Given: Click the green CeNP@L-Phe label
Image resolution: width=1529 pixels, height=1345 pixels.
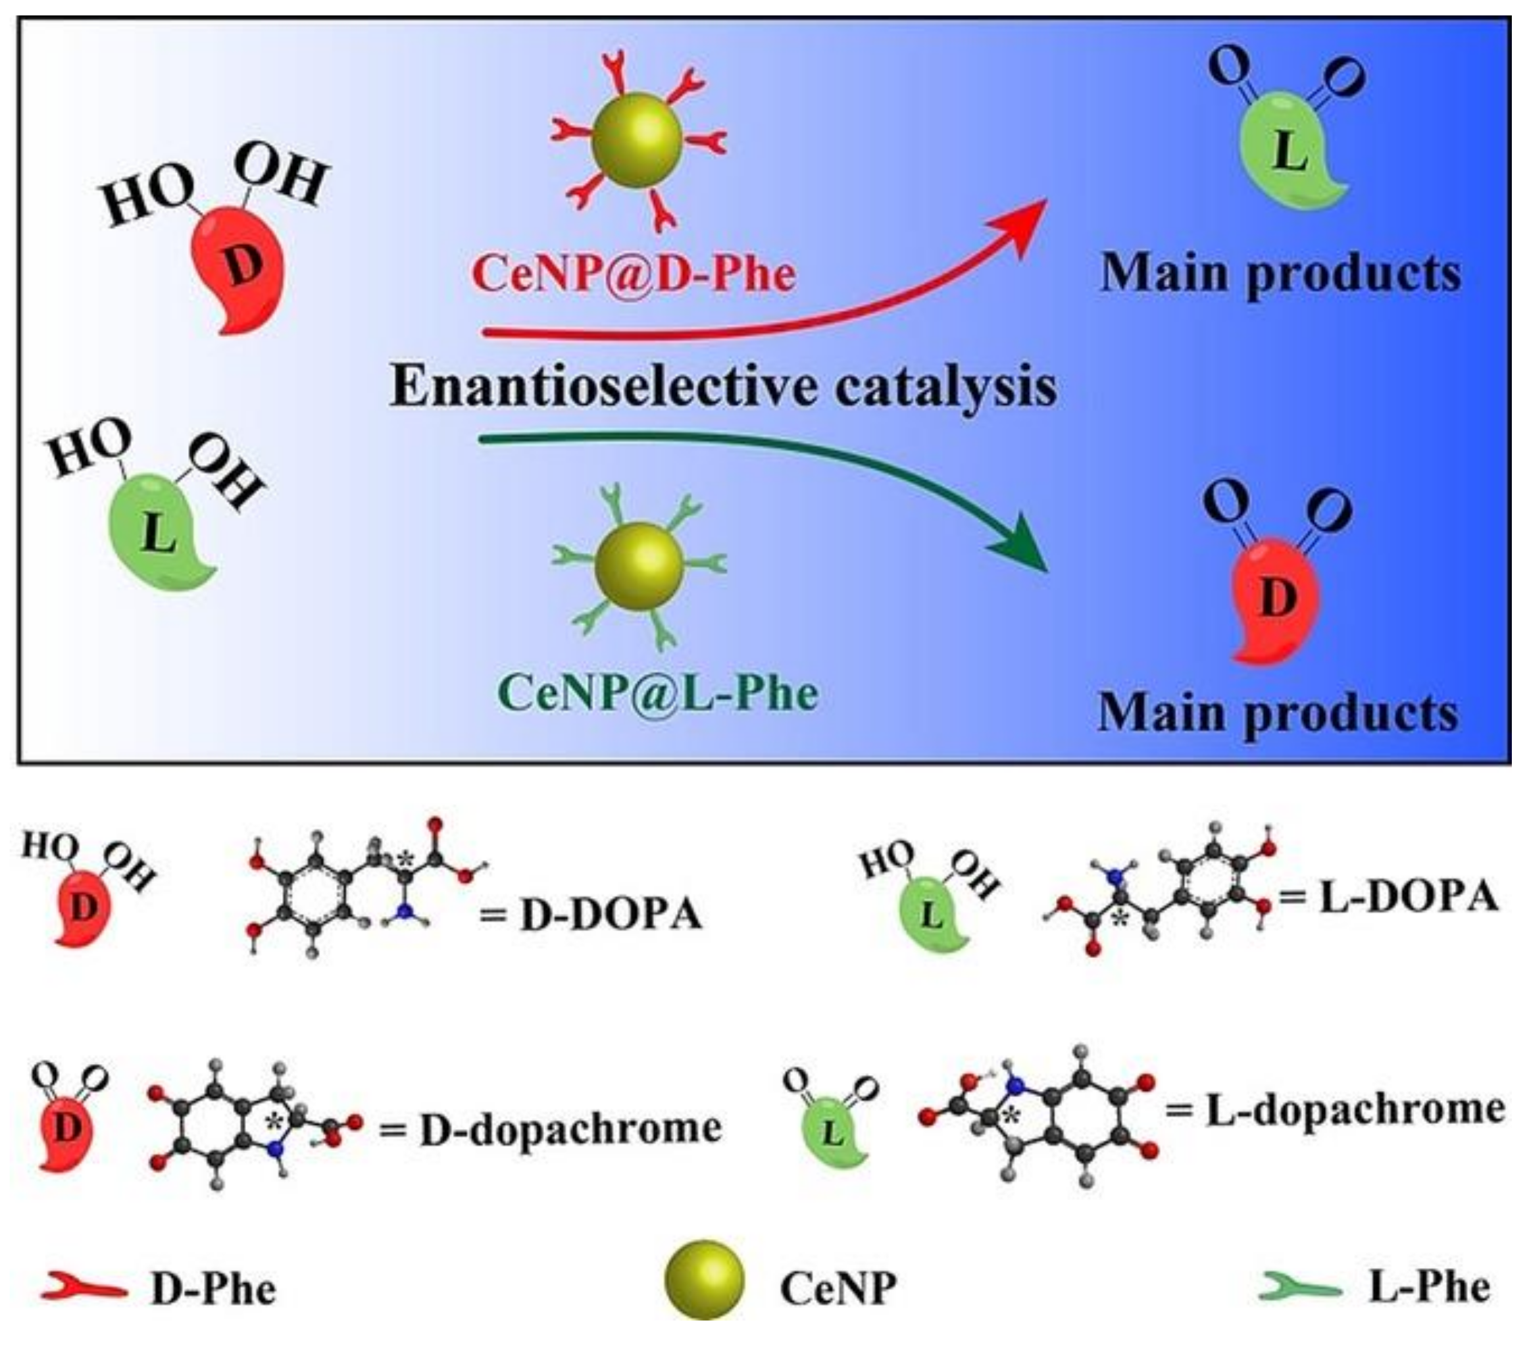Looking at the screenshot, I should pyautogui.click(x=659, y=692).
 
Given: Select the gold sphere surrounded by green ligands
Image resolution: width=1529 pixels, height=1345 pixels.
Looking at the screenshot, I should pyautogui.click(x=639, y=567).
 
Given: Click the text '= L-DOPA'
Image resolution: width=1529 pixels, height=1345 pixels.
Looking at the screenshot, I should pyautogui.click(x=1388, y=896).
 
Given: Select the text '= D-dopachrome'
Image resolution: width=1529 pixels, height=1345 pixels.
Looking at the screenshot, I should pyautogui.click(x=551, y=1129).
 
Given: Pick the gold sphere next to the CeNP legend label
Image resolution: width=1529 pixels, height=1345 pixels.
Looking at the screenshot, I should pyautogui.click(x=704, y=1281).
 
